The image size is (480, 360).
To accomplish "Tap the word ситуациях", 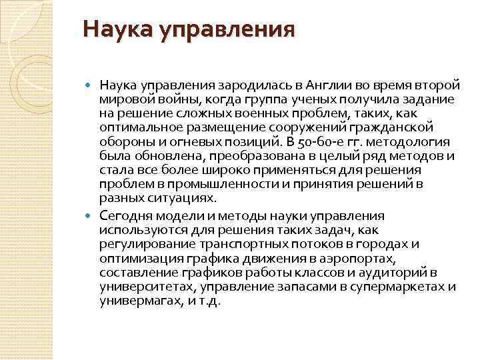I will [179, 198].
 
